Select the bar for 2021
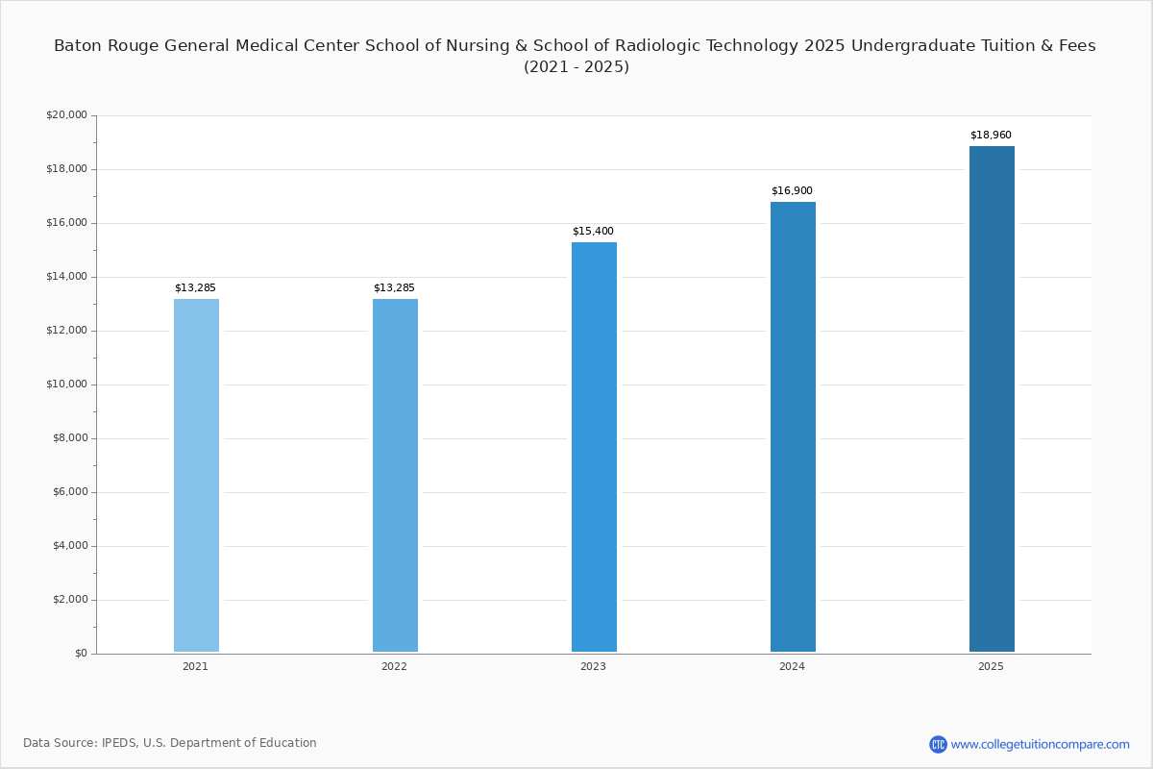[x=196, y=476]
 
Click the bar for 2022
[x=395, y=476]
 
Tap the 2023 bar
[x=594, y=447]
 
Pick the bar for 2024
[x=793, y=427]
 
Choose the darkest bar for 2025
[x=992, y=399]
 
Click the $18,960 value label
[x=991, y=136]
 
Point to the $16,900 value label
[x=792, y=191]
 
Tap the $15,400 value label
[x=593, y=232]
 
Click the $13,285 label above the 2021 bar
[x=195, y=288]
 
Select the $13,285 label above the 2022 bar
[x=394, y=288]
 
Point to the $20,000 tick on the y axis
[x=66, y=115]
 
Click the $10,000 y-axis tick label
[x=66, y=384]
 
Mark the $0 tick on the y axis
[x=81, y=654]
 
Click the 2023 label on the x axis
[x=593, y=667]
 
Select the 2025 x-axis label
[x=991, y=667]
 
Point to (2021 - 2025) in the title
[x=576, y=67]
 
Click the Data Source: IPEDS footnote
[x=170, y=743]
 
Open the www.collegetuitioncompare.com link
[x=1040, y=744]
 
